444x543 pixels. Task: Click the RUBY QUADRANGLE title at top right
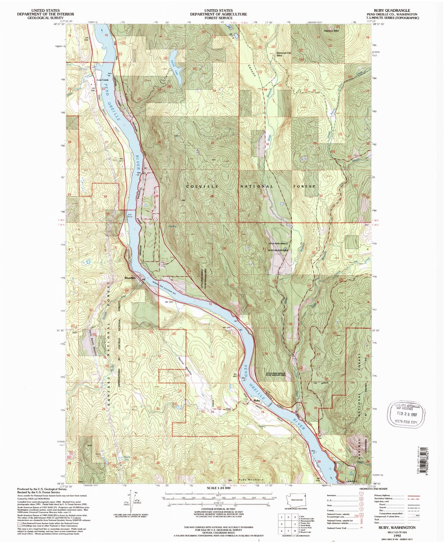click(x=391, y=10)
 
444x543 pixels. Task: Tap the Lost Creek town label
click(x=103, y=80)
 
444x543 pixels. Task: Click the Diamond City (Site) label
click(x=284, y=54)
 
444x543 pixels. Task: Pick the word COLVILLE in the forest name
click(x=202, y=186)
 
